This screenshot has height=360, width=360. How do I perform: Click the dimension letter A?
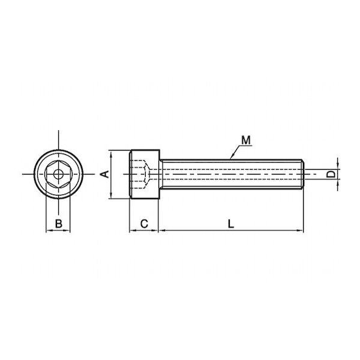(106, 174)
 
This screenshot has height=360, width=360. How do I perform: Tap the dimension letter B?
(59, 224)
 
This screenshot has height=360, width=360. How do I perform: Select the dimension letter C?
(144, 224)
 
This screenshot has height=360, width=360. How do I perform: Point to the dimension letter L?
(231, 224)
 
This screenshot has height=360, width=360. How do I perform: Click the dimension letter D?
(331, 174)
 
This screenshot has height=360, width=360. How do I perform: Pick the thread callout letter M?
(246, 140)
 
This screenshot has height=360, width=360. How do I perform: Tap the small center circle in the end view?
(58, 174)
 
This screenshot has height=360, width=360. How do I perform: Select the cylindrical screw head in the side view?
(145, 174)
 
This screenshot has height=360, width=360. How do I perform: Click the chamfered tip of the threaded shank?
(302, 174)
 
